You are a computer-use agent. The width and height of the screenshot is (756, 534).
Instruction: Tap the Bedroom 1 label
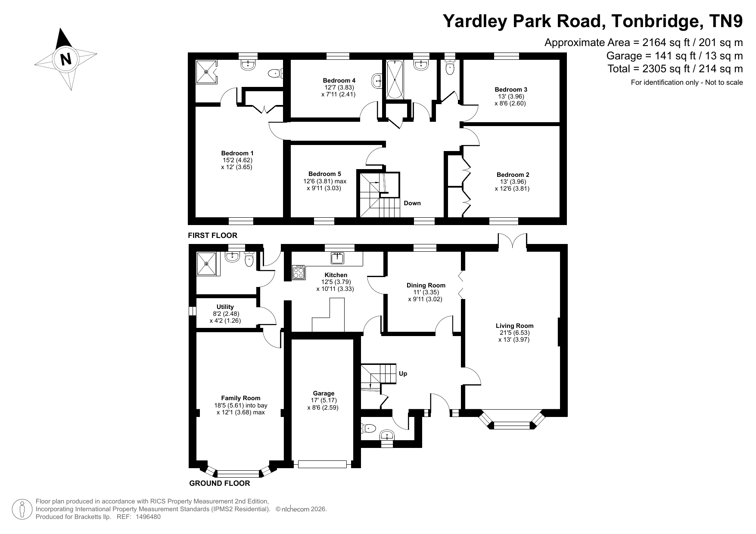(237, 153)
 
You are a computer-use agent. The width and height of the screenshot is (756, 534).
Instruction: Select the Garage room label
(324, 393)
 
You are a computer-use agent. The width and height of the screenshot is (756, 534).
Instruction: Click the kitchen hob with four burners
(298, 272)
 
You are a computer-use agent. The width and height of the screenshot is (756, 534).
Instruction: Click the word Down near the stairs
(412, 203)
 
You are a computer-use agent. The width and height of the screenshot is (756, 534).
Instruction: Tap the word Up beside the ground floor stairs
(403, 373)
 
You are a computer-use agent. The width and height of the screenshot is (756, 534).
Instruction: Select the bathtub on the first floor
(395, 80)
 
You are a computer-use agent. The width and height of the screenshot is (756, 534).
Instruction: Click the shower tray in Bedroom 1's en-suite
(207, 72)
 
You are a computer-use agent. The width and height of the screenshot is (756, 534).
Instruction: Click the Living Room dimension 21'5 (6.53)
(514, 333)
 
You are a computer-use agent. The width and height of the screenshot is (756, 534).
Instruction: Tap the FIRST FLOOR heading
(212, 235)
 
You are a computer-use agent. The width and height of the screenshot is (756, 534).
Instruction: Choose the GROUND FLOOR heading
(220, 483)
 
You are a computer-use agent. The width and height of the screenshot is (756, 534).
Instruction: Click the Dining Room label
(426, 285)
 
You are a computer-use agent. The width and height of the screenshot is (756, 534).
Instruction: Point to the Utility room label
(225, 307)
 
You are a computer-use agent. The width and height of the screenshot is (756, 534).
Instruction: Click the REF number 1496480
(149, 517)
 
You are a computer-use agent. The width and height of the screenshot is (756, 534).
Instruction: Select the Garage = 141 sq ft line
(675, 56)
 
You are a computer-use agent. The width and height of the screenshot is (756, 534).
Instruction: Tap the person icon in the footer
(23, 509)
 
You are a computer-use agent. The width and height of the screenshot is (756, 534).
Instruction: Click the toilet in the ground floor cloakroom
(368, 428)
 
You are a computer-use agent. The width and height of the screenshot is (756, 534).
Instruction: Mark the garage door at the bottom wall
(323, 464)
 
